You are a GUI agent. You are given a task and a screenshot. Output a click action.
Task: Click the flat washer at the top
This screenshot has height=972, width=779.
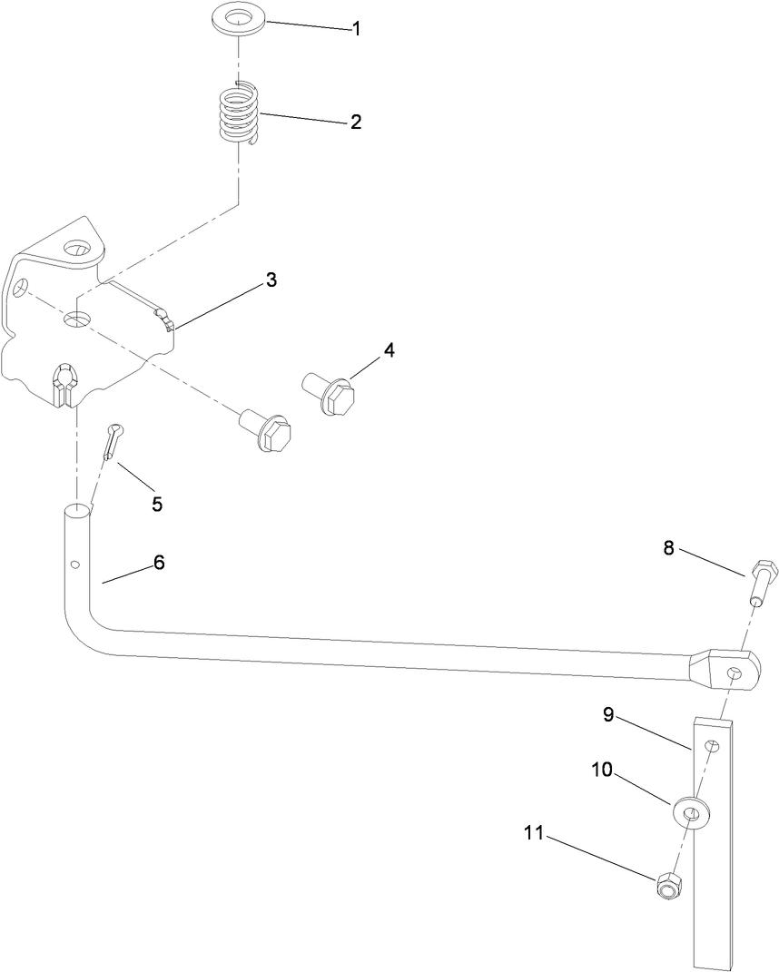240,19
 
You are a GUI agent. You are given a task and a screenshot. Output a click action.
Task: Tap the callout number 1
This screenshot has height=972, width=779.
357,29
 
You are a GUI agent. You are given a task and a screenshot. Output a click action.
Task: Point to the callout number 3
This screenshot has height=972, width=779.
271,280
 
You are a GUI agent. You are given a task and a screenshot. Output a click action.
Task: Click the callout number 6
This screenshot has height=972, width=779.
159,563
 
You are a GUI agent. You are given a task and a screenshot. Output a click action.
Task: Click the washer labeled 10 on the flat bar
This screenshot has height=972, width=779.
692,810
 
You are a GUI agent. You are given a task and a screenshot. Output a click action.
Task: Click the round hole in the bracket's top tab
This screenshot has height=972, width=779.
76,248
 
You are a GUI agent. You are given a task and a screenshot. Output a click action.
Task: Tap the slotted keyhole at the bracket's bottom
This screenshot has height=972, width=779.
65,378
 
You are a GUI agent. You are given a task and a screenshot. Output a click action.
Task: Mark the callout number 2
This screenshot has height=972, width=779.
356,122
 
